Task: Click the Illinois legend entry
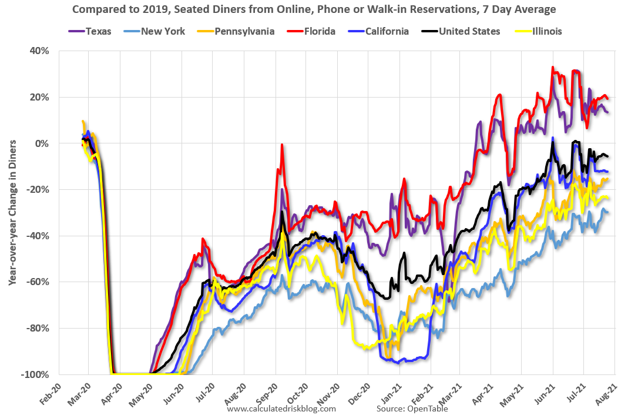543,31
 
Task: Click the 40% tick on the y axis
40,51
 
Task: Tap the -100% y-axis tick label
36,374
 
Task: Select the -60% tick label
38,282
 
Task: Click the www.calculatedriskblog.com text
281,409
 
